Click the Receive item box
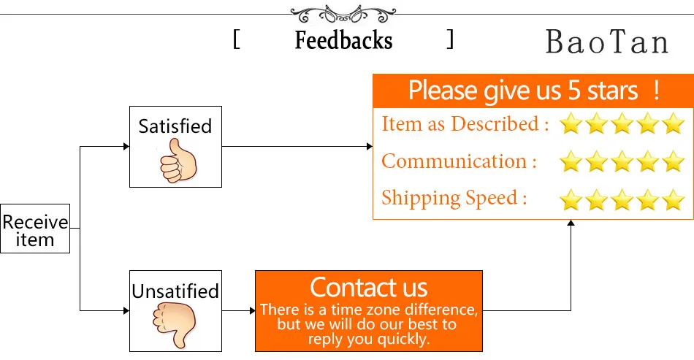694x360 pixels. coord(35,229)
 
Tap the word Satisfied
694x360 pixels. coord(175,126)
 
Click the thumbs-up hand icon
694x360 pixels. coord(175,161)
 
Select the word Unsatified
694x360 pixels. coord(175,291)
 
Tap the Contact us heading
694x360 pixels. coord(369,286)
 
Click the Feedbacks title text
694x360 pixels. coord(343,40)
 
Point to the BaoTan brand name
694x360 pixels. coord(606,42)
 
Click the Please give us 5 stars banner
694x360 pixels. coord(533,91)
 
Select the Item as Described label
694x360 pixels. coord(465,124)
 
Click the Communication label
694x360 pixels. coord(460,161)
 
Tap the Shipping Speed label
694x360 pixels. coord(454,198)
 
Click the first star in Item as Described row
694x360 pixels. coord(571,125)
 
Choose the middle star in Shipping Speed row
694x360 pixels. coord(622,199)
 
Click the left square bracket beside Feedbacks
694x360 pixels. coord(237,39)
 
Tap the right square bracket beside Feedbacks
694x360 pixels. coord(450,39)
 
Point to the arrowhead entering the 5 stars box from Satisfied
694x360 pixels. coord(370,147)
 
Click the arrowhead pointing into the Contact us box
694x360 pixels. coord(251,311)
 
